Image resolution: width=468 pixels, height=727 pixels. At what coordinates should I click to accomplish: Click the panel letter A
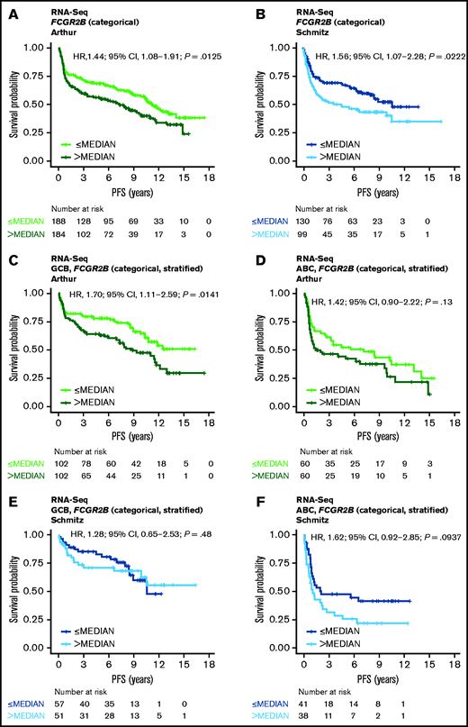point(8,9)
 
